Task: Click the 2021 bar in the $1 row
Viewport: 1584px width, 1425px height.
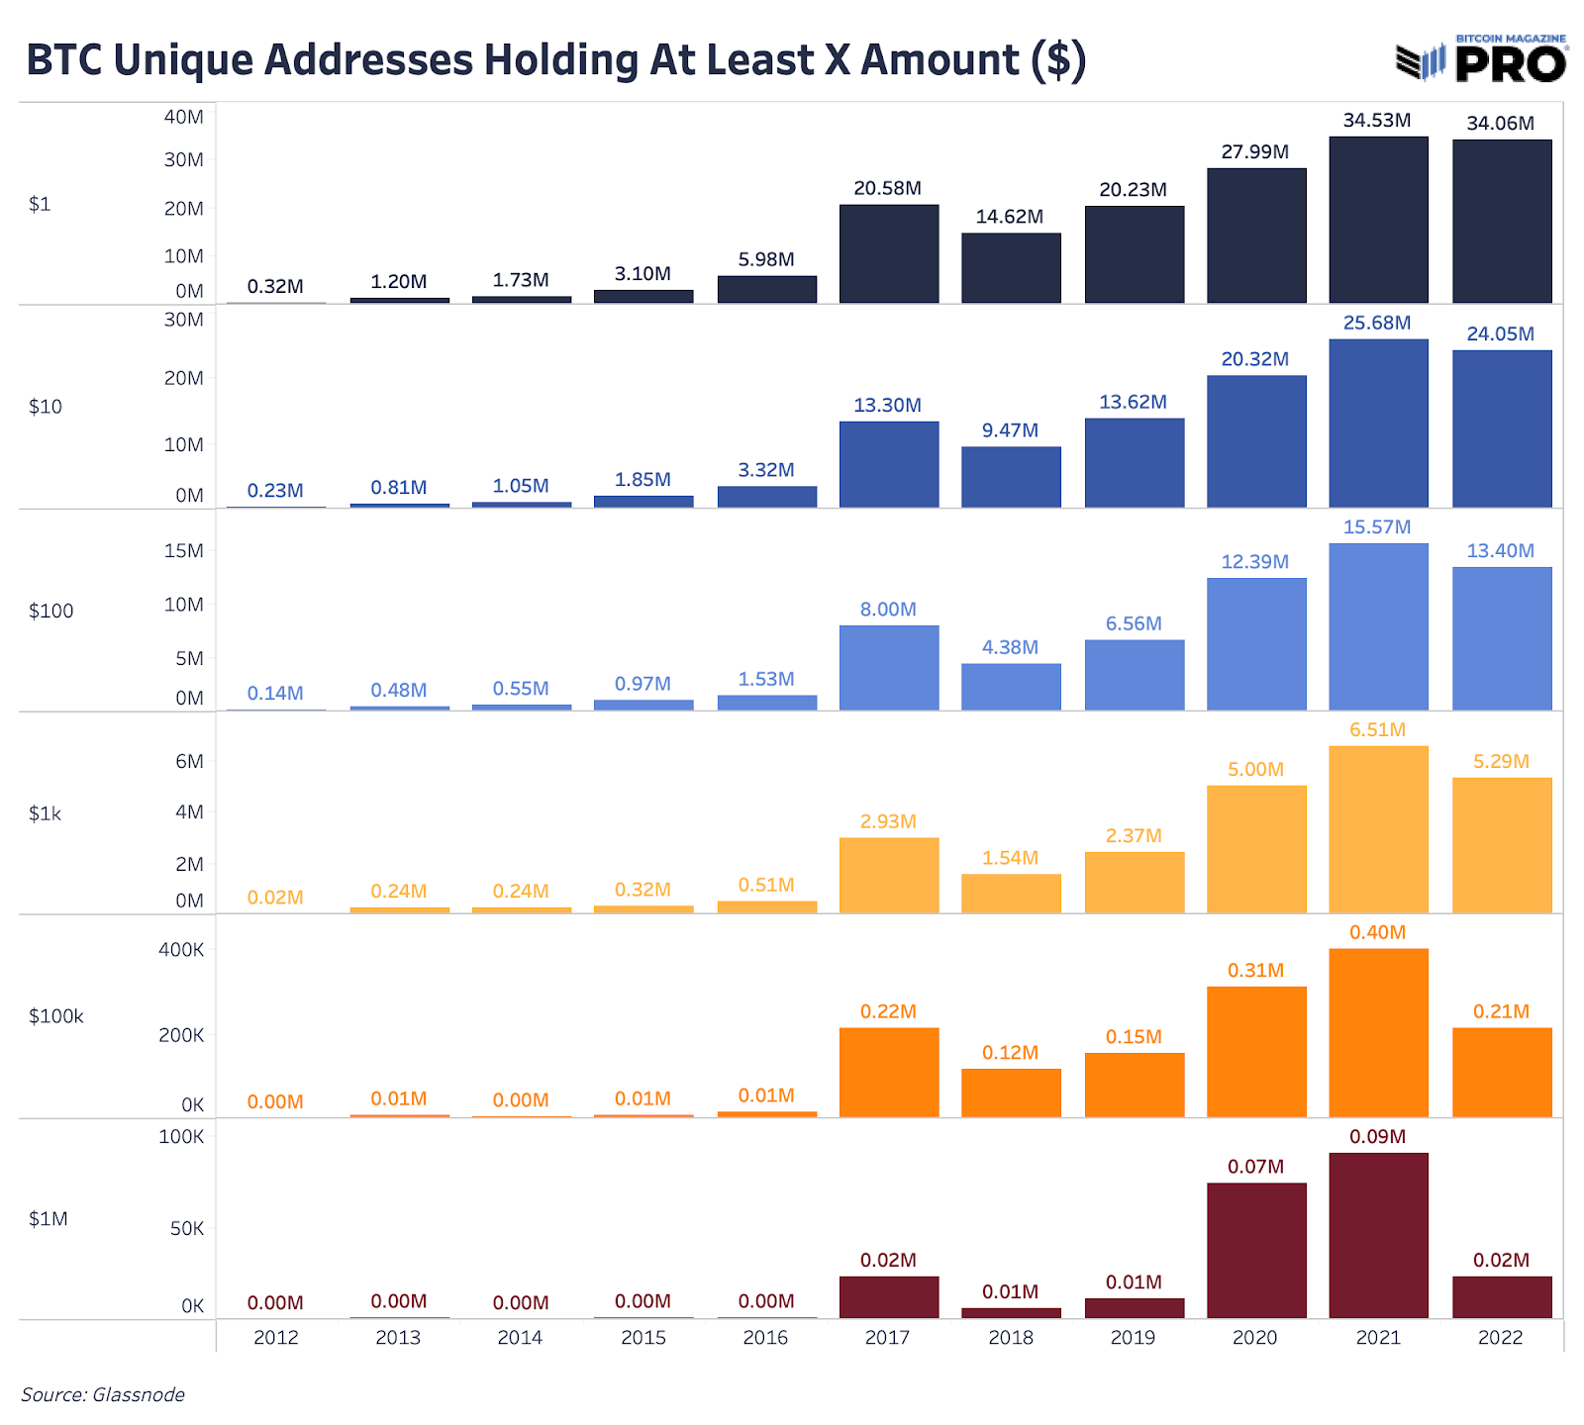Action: point(1378,220)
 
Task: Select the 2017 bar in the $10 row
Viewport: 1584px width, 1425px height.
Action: point(888,464)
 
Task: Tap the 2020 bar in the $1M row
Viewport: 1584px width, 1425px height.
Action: point(1255,1250)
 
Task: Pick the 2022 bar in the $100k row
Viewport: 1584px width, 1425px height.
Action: point(1501,1073)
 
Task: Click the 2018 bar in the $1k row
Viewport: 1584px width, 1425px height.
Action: point(1011,893)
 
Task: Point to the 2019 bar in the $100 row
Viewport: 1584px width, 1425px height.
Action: point(1134,674)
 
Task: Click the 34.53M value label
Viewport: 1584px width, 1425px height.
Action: point(1376,121)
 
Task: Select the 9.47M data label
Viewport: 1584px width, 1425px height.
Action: point(1010,430)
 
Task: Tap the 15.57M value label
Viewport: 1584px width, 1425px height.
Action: point(1376,527)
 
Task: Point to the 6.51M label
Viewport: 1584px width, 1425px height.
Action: point(1377,730)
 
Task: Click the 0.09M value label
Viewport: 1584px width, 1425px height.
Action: point(1377,1137)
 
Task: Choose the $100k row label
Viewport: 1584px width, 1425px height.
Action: point(56,1016)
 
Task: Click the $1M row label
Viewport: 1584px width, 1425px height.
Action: point(49,1219)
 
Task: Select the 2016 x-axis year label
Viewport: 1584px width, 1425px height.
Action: point(765,1338)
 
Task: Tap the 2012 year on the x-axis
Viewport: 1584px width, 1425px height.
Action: point(275,1338)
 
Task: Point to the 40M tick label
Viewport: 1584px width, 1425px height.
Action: point(183,117)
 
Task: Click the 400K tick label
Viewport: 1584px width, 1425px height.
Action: point(181,950)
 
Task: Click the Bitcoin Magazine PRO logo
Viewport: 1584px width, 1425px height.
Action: point(1482,59)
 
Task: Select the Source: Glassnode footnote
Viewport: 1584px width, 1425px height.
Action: point(103,1395)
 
